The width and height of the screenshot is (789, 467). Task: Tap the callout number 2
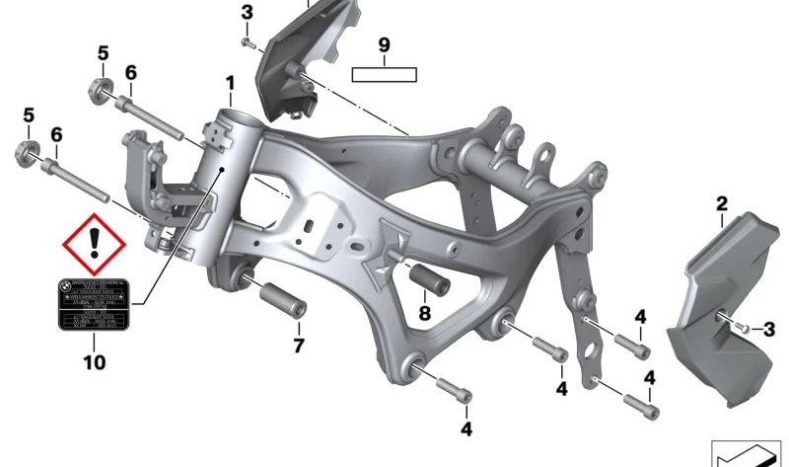tap(722, 204)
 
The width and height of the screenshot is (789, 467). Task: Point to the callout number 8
tap(424, 314)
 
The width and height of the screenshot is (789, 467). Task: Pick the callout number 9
tap(386, 44)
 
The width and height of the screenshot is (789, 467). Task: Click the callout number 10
tap(94, 363)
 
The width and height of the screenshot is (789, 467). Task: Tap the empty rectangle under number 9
tap(386, 73)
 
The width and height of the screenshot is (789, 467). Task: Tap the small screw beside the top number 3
tap(249, 43)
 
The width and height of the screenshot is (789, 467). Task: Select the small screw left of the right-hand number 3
tap(746, 327)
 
